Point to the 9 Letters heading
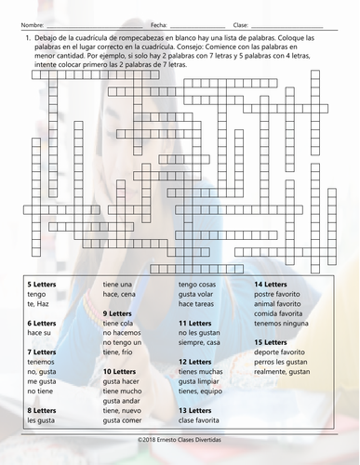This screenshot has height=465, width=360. coord(117,313)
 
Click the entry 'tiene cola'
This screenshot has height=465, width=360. coord(120,323)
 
